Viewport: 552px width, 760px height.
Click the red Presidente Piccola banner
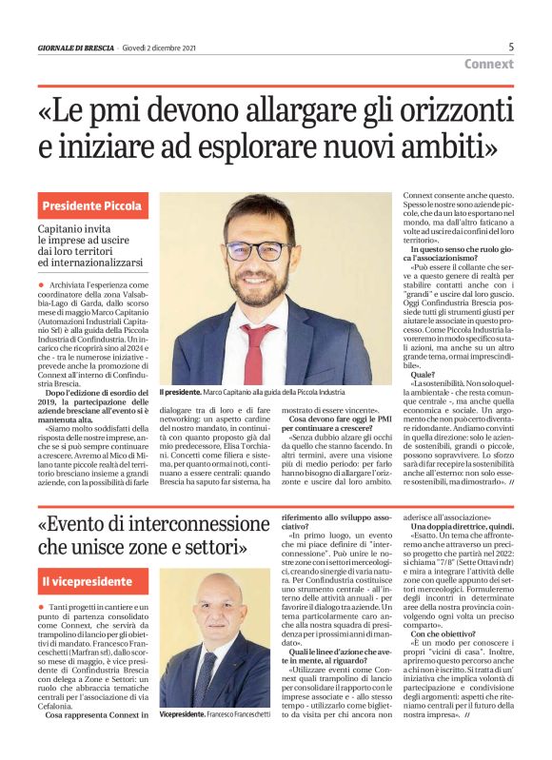tap(92, 205)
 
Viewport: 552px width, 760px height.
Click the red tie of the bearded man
tap(257, 353)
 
